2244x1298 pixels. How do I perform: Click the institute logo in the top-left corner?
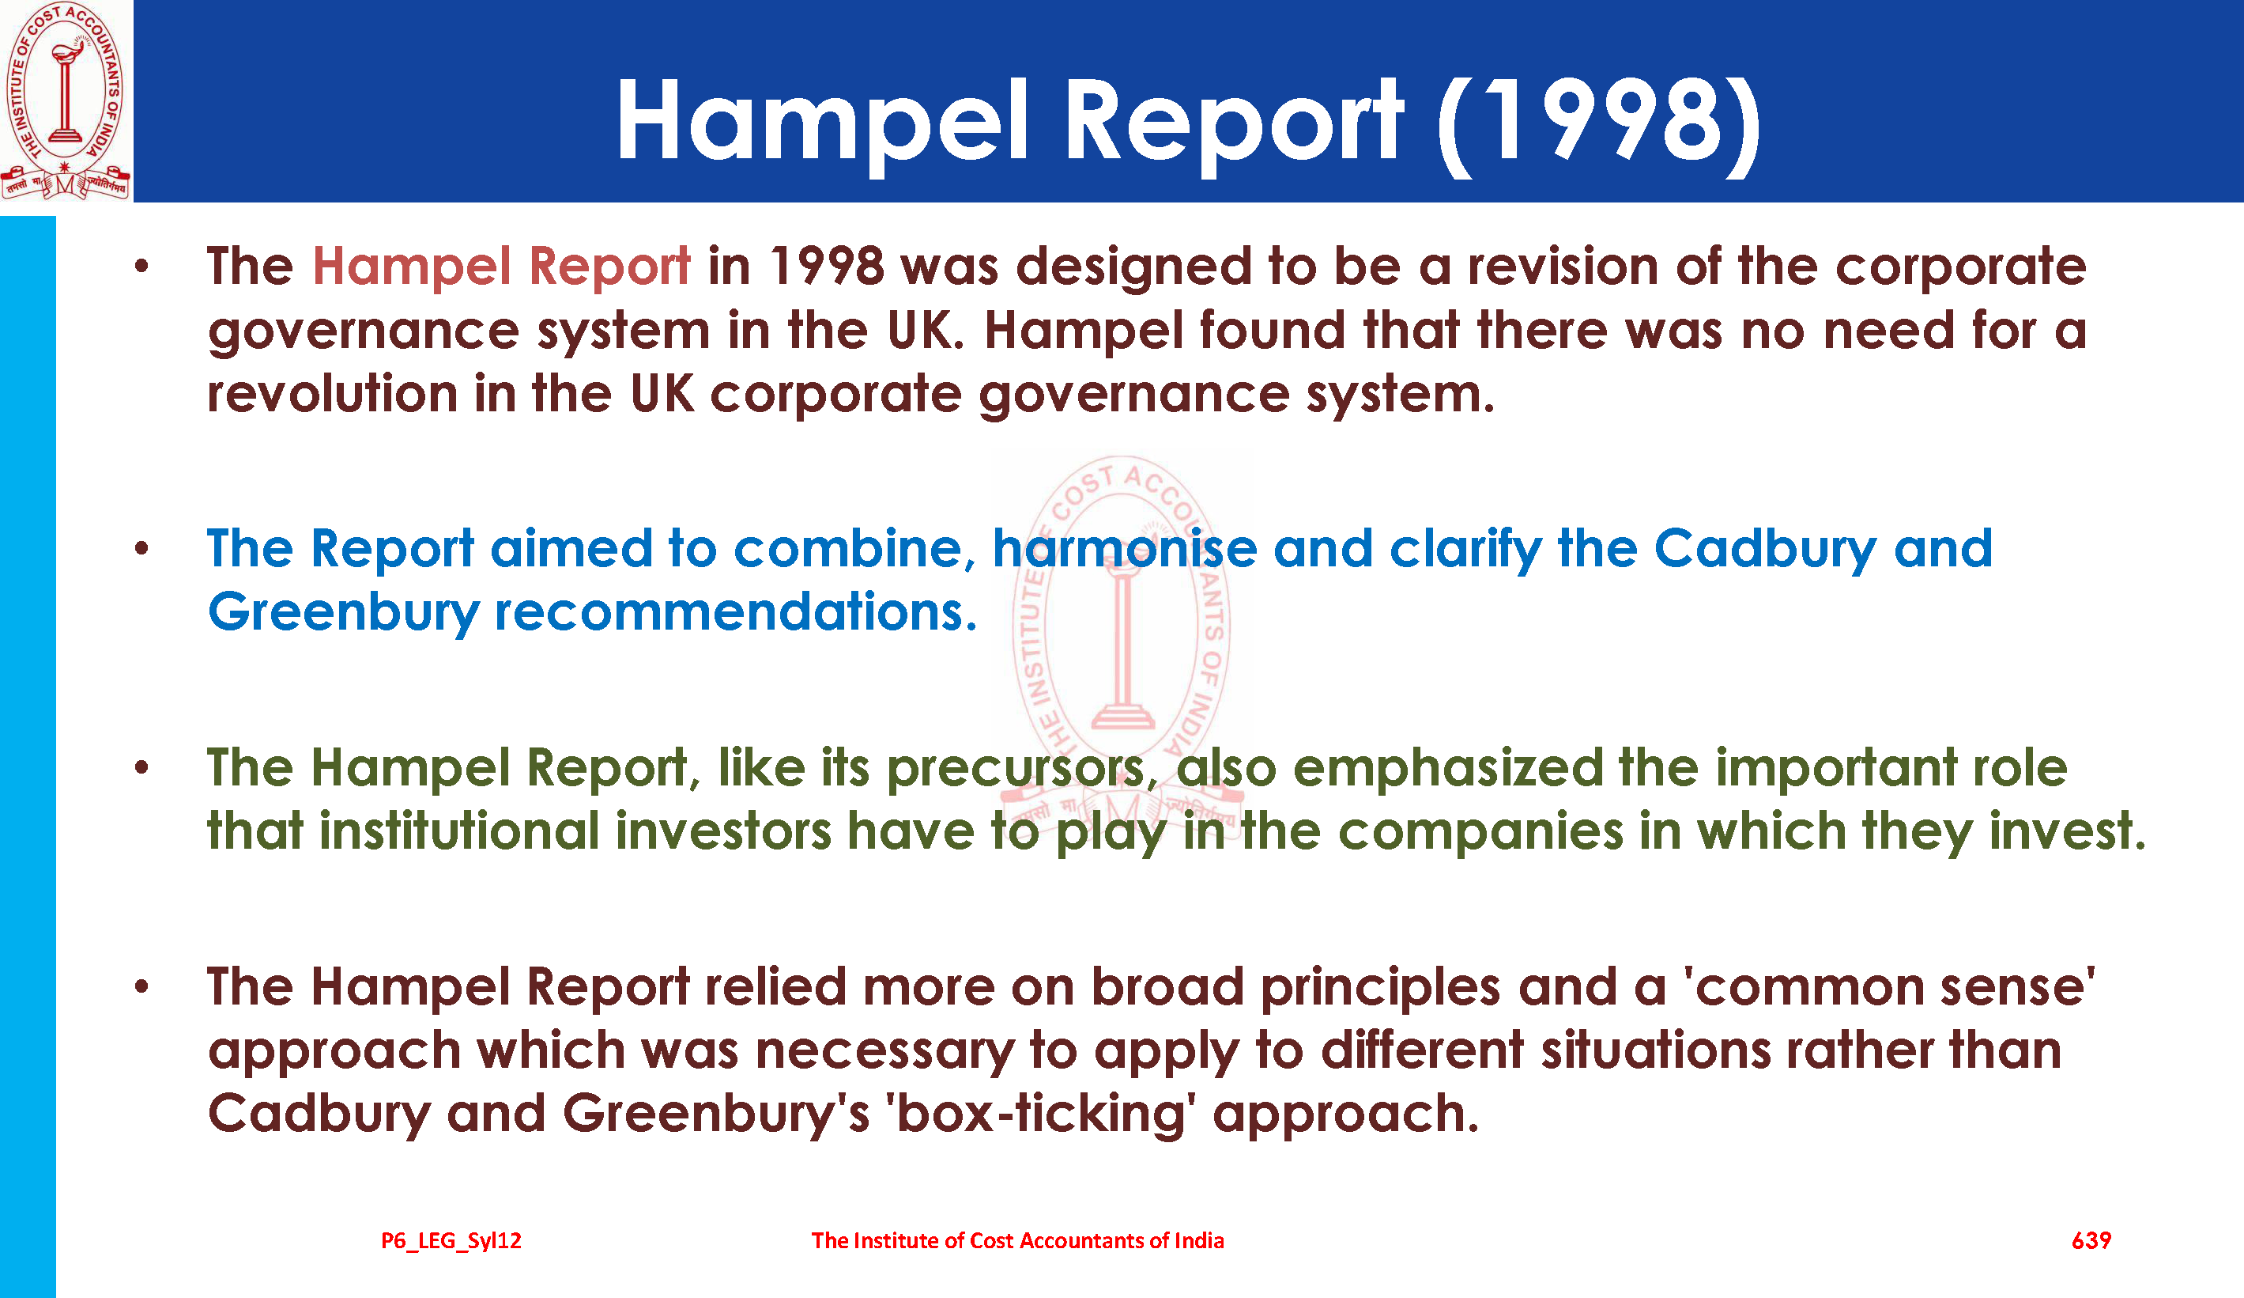[66, 100]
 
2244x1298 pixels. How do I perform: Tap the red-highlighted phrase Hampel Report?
[501, 267]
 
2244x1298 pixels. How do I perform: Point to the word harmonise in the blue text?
[1124, 548]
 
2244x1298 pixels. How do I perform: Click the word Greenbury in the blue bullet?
[344, 614]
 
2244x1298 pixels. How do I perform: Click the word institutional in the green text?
[459, 831]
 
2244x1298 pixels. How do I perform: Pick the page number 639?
[2091, 1240]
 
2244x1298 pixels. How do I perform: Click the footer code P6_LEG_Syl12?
[451, 1241]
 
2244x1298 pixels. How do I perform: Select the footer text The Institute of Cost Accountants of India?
[1018, 1240]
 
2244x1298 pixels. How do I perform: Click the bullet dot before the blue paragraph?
[141, 548]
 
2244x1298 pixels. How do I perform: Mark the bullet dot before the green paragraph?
[141, 767]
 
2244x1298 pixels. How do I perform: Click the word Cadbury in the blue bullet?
[1765, 550]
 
